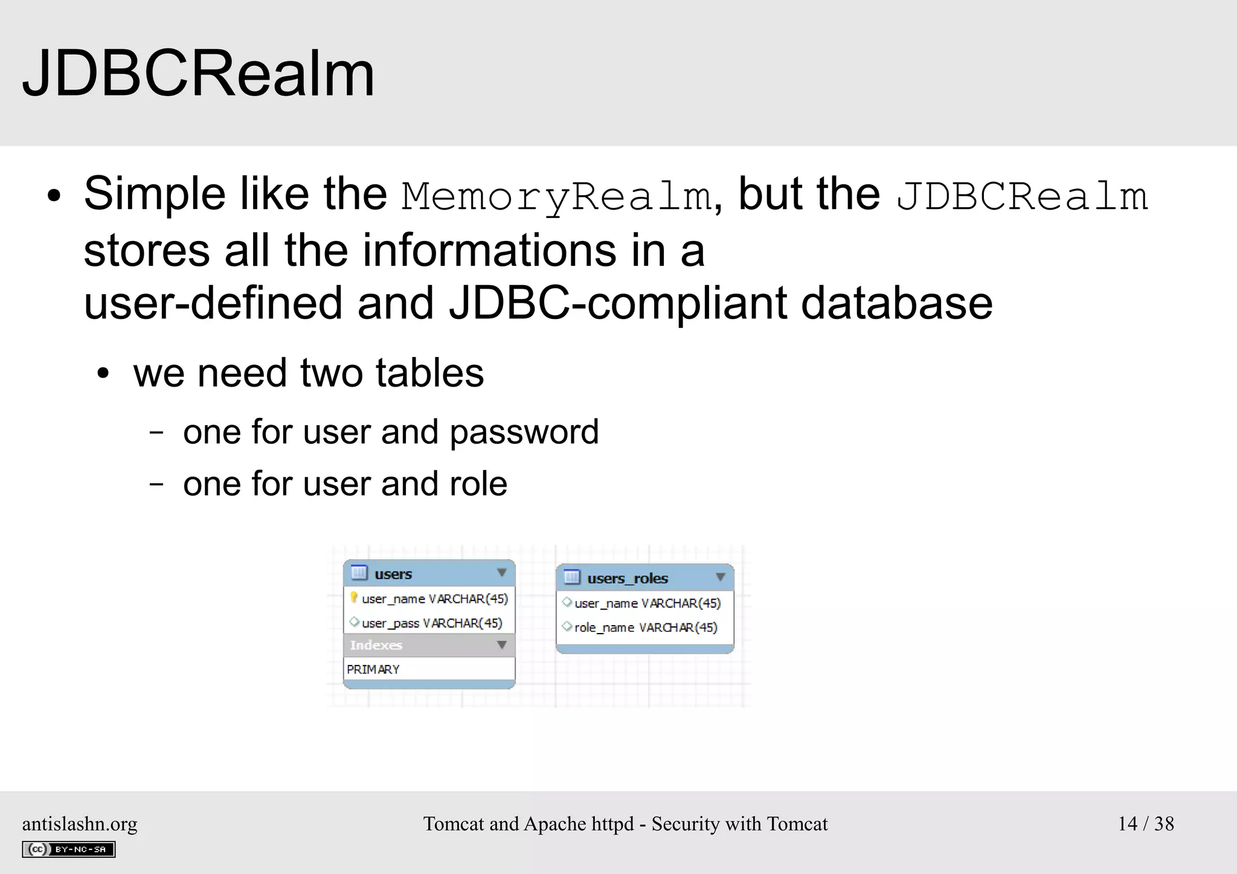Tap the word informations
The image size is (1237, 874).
click(x=489, y=251)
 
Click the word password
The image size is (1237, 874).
click(x=524, y=432)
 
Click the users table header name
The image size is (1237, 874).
click(x=393, y=574)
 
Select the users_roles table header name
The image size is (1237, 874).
click(x=628, y=579)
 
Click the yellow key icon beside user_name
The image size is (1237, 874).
click(x=354, y=598)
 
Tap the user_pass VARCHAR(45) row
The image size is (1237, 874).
click(x=431, y=623)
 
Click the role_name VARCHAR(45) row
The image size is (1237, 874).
click(x=645, y=628)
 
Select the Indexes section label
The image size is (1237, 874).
click(x=376, y=645)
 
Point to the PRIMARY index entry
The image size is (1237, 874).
click(x=373, y=669)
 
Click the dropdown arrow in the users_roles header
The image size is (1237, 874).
click(x=720, y=577)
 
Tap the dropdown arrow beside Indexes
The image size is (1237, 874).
click(x=501, y=645)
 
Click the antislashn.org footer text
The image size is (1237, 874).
click(x=80, y=824)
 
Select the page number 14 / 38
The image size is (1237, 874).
click(x=1146, y=824)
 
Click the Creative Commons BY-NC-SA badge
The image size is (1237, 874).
click(x=69, y=849)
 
